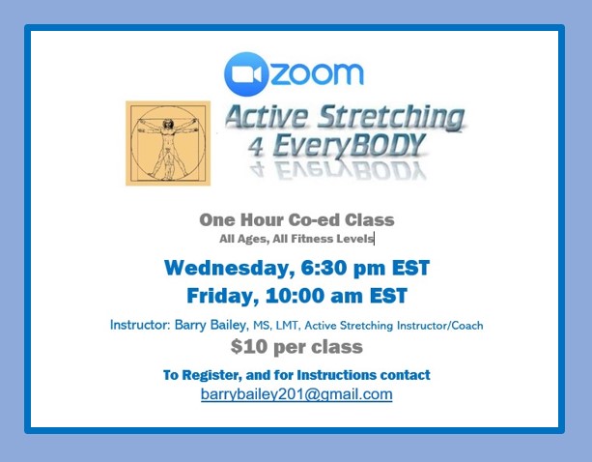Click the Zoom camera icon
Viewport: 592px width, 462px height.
[246, 74]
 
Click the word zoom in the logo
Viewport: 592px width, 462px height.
[317, 74]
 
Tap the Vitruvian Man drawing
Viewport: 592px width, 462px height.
[168, 143]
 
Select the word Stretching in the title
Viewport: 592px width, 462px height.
[391, 118]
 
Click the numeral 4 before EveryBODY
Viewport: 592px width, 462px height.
[256, 147]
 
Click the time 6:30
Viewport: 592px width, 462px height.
[324, 268]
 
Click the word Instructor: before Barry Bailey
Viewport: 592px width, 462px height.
[140, 325]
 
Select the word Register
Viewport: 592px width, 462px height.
[211, 375]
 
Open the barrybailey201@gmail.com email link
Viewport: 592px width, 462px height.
[296, 394]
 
